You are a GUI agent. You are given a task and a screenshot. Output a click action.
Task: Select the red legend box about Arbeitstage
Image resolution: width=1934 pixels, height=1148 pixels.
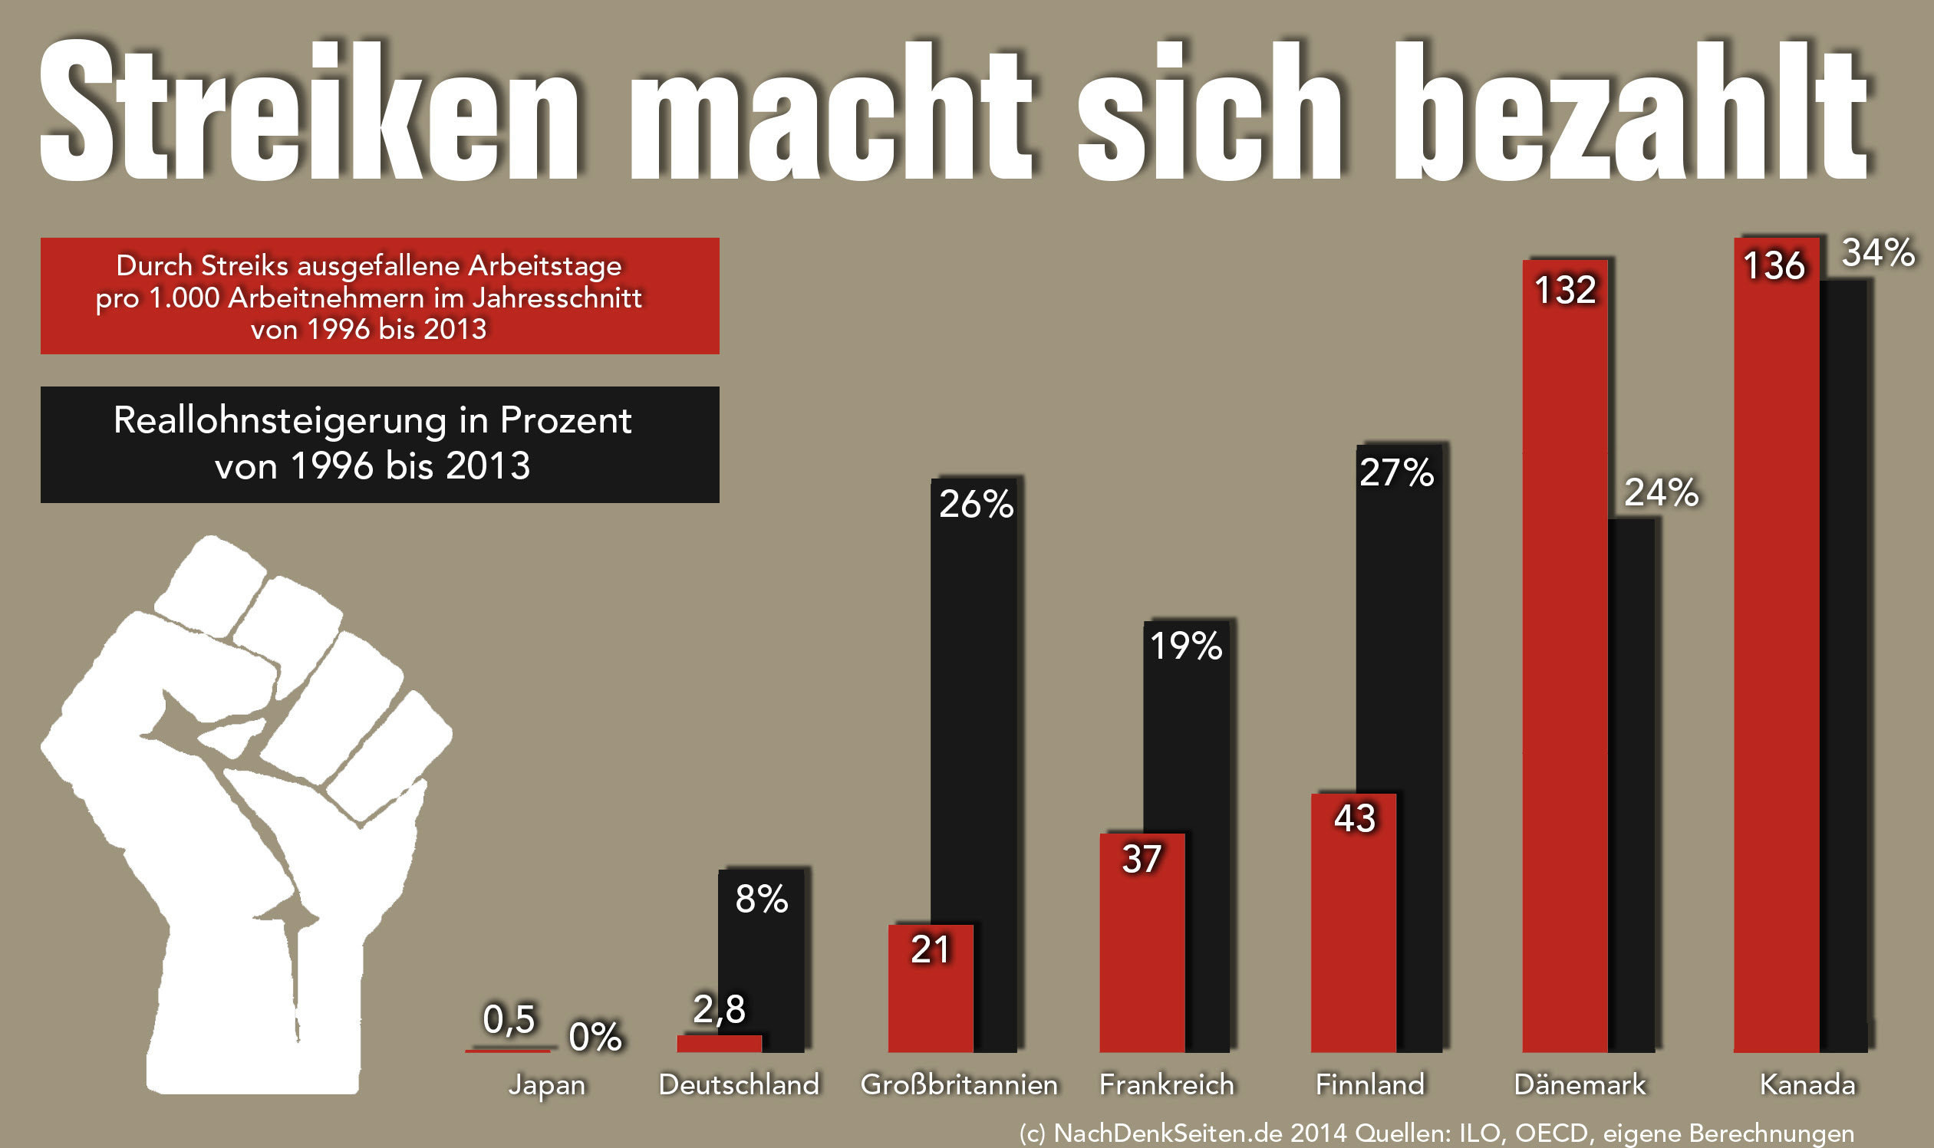pyautogui.click(x=379, y=296)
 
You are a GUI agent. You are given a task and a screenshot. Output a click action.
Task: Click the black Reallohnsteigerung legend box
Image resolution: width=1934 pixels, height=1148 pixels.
pyautogui.click(x=379, y=444)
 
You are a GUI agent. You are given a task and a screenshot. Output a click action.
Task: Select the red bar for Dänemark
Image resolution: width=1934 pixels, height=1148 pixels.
pyautogui.click(x=1564, y=673)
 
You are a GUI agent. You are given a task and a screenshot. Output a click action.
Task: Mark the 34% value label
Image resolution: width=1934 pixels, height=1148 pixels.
pyautogui.click(x=1877, y=253)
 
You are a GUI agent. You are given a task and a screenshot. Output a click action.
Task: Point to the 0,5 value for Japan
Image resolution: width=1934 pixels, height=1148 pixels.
pyautogui.click(x=509, y=1019)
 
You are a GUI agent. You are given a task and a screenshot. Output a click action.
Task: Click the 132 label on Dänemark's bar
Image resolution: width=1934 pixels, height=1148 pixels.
pyautogui.click(x=1565, y=290)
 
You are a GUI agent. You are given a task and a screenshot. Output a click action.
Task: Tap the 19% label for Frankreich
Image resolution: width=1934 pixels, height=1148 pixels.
pyautogui.click(x=1185, y=646)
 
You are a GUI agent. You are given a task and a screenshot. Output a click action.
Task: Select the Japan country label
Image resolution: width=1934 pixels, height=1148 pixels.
pyautogui.click(x=546, y=1084)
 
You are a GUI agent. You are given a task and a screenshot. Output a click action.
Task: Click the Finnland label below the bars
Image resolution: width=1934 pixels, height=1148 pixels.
pyautogui.click(x=1369, y=1084)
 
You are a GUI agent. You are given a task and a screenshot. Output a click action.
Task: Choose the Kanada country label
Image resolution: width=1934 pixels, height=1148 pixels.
pyautogui.click(x=1807, y=1084)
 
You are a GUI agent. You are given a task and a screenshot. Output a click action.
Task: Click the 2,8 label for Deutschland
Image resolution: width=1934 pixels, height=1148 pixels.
pyautogui.click(x=719, y=1008)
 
